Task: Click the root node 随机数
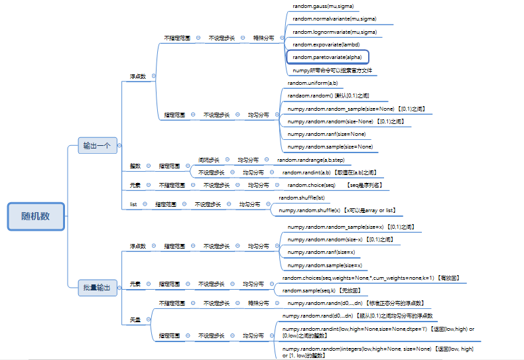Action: pyautogui.click(x=36, y=216)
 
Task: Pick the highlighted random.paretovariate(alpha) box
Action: pyautogui.click(x=326, y=57)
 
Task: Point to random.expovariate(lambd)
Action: pyautogui.click(x=326, y=44)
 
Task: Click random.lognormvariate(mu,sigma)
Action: pyautogui.click(x=334, y=32)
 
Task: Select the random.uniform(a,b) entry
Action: pyautogui.click(x=312, y=83)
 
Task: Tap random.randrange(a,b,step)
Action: pyautogui.click(x=310, y=160)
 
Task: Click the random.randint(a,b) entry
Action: pyautogui.click(x=306, y=172)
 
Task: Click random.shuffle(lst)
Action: pyautogui.click(x=302, y=198)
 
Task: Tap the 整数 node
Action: pyautogui.click(x=135, y=166)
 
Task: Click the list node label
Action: pyautogui.click(x=133, y=204)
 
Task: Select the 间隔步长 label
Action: pyautogui.click(x=209, y=160)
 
